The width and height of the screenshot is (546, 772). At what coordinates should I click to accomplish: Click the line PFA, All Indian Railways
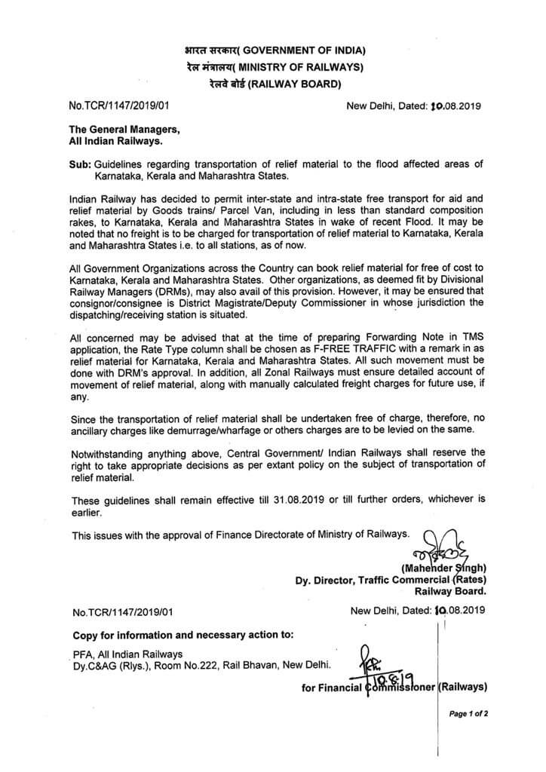click(x=127, y=654)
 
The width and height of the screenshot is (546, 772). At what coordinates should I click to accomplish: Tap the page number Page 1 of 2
click(x=468, y=712)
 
